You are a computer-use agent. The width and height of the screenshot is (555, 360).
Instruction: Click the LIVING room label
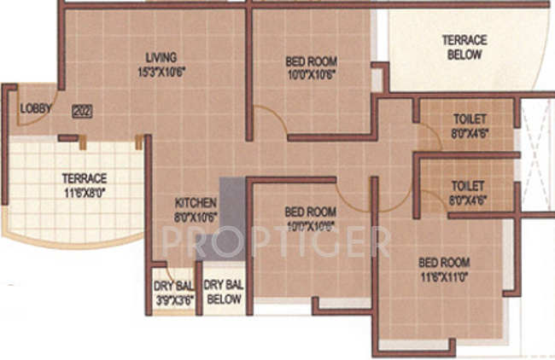[161, 59]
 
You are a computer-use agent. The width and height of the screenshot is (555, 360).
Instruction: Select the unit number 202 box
[82, 109]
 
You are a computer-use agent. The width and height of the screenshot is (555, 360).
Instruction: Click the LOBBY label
[36, 108]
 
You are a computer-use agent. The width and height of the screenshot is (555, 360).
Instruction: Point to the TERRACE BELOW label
[464, 47]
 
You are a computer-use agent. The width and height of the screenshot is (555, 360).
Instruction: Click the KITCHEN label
[196, 203]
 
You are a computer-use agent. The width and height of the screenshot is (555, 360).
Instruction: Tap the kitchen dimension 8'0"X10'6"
[196, 216]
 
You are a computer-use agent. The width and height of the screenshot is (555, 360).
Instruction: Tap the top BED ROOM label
[310, 61]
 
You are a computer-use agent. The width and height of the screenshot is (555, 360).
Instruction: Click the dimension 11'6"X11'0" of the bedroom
[442, 276]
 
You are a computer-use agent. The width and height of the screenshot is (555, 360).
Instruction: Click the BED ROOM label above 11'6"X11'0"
[442, 262]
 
